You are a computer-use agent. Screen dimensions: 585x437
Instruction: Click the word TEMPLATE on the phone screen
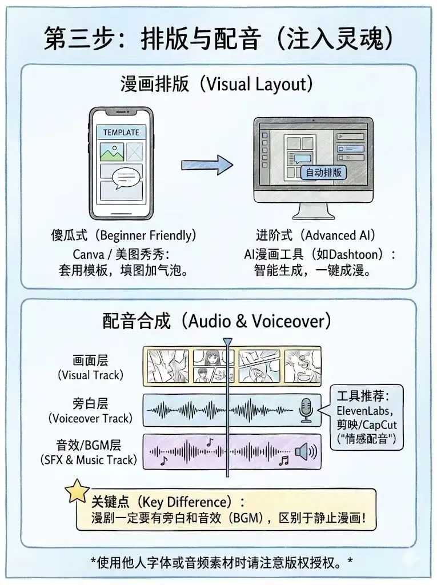coord(121,132)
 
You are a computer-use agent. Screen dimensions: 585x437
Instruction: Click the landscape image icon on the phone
coord(111,151)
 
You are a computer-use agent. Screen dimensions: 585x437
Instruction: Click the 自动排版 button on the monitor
coord(323,172)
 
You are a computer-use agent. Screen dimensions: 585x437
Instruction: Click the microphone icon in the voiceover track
coord(306,410)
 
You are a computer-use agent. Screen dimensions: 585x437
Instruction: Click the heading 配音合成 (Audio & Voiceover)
coord(217,321)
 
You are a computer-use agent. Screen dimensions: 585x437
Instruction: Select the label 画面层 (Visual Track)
coord(90,367)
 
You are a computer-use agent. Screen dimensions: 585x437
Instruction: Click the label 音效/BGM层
coord(90,444)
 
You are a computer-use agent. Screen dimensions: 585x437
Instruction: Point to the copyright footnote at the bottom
coord(222,562)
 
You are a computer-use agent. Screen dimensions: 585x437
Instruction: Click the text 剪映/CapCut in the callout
coord(367,425)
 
